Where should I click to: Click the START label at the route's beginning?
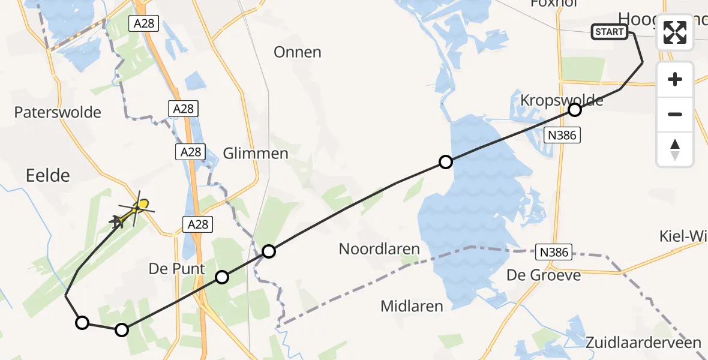pyautogui.click(x=610, y=32)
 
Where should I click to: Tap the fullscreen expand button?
pyautogui.click(x=675, y=32)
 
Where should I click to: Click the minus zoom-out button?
pyautogui.click(x=675, y=114)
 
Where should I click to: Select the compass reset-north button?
pyautogui.click(x=675, y=149)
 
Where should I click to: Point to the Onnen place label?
pyautogui.click(x=297, y=52)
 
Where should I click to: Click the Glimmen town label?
pyautogui.click(x=256, y=154)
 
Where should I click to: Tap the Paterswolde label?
pyautogui.click(x=58, y=112)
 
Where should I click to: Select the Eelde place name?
pyautogui.click(x=48, y=175)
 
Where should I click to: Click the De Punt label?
pyautogui.click(x=177, y=269)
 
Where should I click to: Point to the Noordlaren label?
pyautogui.click(x=379, y=248)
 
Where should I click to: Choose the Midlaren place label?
pyautogui.click(x=412, y=306)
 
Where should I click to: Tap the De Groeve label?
pyautogui.click(x=544, y=275)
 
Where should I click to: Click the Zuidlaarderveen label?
pyautogui.click(x=644, y=343)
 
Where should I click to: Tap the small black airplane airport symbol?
pyautogui.click(x=117, y=222)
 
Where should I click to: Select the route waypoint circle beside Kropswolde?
pyautogui.click(x=575, y=110)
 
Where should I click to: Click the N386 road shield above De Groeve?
pyautogui.click(x=553, y=253)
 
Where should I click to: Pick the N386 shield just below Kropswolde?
pyautogui.click(x=562, y=136)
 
